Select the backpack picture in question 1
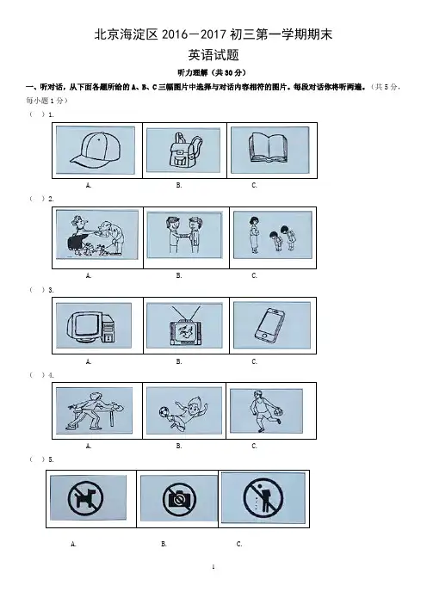tap(184, 150)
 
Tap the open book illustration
tap(269, 147)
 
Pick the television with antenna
tap(186, 327)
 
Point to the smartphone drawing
tap(269, 326)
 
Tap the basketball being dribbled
tap(278, 412)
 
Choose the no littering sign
tap(263, 497)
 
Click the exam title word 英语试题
tap(213, 55)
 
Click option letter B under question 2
tap(179, 275)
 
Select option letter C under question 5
tap(239, 544)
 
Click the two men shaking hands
tap(184, 235)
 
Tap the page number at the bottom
tap(213, 567)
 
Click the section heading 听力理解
tap(192, 72)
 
